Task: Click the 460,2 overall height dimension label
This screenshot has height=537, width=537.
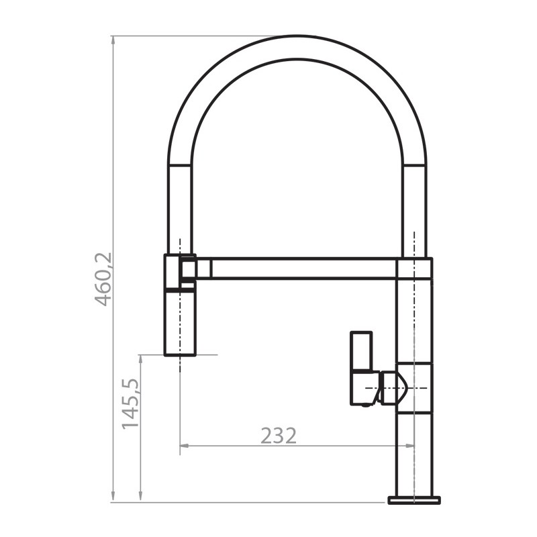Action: [104, 279]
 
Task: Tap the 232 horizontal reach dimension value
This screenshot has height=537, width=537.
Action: [278, 436]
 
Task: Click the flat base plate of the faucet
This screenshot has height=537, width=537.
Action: [413, 500]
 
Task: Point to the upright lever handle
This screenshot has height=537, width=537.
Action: [361, 352]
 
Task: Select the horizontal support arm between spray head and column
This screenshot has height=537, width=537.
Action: [302, 268]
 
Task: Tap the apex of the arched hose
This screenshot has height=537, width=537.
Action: [297, 47]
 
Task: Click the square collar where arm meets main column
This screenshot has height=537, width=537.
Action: [414, 268]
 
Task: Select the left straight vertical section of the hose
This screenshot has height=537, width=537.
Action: [179, 201]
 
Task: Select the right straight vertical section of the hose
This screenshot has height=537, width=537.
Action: [414, 201]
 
